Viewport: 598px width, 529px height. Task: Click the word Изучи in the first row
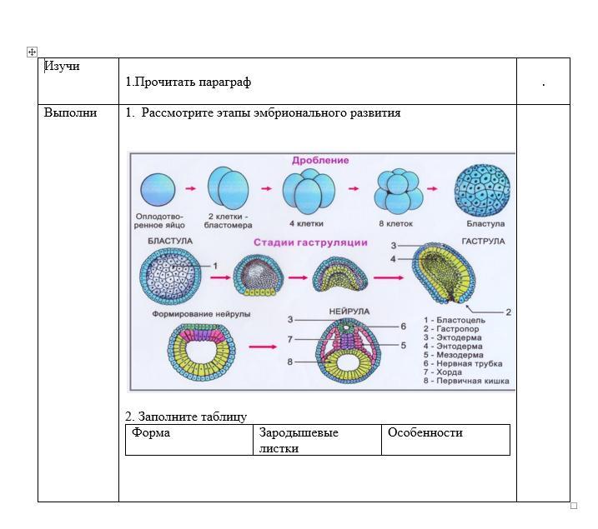coord(62,66)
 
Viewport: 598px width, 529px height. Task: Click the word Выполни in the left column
coord(70,112)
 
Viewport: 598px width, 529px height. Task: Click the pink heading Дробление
coord(320,160)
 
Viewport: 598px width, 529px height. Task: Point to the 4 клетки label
coord(306,224)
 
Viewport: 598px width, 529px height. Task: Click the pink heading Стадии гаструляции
coord(310,242)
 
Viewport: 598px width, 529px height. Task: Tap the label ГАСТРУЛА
coord(483,241)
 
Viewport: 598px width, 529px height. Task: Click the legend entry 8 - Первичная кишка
coord(466,382)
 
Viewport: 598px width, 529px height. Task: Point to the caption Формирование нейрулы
coord(201,314)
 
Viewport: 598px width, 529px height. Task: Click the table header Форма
coord(151,432)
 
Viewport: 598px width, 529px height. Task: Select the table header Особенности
coord(425,432)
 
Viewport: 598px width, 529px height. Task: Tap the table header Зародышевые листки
coord(299,440)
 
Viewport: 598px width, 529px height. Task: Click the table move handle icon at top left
coord(32,52)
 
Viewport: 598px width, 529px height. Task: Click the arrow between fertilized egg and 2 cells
coord(190,188)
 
